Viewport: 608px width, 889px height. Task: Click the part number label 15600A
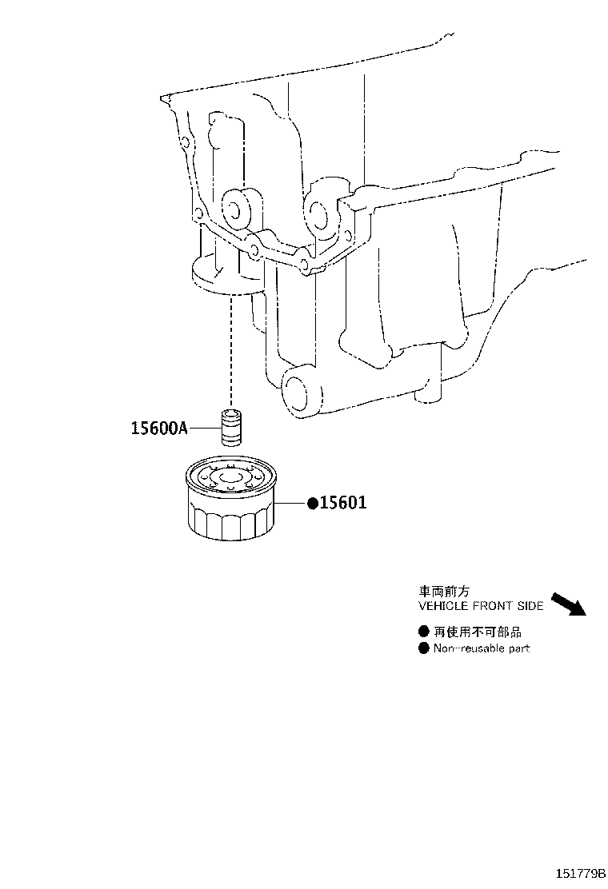click(159, 428)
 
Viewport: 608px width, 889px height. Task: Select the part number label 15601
click(343, 502)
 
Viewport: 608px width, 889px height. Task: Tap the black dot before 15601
click(313, 503)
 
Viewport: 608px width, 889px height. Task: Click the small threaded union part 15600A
click(230, 426)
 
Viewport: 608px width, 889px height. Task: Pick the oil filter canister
click(230, 500)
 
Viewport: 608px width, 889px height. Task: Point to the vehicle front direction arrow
click(568, 604)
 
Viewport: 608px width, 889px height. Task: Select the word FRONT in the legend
click(493, 606)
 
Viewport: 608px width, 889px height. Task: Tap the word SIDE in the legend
click(530, 606)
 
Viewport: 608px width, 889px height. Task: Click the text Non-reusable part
click(482, 648)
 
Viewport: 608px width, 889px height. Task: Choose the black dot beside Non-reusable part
click(424, 648)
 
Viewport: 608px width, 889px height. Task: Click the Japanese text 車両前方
click(444, 592)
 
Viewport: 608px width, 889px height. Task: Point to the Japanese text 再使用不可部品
click(478, 632)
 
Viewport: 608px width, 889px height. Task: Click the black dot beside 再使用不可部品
click(424, 632)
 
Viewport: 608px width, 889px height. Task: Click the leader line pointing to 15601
click(291, 503)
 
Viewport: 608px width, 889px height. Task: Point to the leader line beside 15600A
click(204, 428)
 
